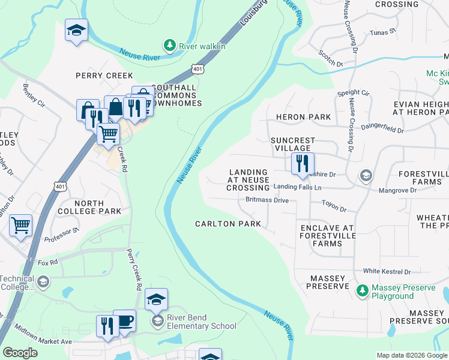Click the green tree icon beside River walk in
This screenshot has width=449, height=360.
tap(170, 46)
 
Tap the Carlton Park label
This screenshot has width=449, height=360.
tap(228, 224)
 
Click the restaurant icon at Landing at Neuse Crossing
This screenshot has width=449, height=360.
tap(301, 163)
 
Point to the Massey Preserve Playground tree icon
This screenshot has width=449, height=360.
tap(362, 292)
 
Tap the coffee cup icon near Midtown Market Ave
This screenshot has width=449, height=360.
tap(124, 321)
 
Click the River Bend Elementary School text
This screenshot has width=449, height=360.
tap(201, 326)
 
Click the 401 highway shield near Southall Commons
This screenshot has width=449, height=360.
tap(198, 70)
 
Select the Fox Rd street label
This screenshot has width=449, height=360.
tap(47, 262)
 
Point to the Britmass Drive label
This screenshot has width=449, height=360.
tap(267, 200)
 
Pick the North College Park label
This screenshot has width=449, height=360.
tap(89, 207)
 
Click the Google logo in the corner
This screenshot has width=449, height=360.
tap(20, 353)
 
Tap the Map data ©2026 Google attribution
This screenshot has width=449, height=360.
tap(411, 355)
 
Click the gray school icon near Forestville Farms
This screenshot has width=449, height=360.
tap(365, 176)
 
